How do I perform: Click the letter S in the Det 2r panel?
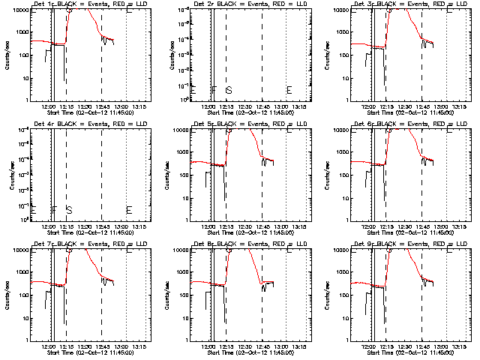(229, 90)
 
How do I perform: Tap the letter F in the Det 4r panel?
(54, 210)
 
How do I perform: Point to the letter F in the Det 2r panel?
(214, 90)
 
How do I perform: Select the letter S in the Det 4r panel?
(69, 210)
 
